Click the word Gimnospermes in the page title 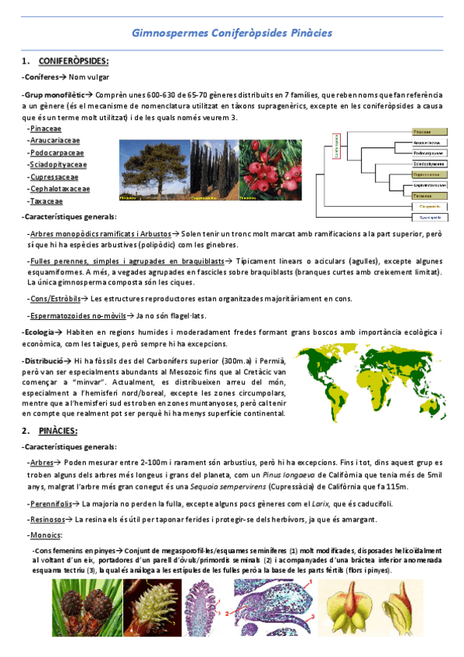[x=165, y=34]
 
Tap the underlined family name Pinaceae [x=46, y=129]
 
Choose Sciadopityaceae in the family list [x=58, y=164]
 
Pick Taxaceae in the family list [x=46, y=201]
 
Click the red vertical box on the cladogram [x=337, y=146]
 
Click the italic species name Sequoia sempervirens [x=224, y=487]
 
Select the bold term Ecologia [x=38, y=332]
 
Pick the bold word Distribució [x=43, y=361]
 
